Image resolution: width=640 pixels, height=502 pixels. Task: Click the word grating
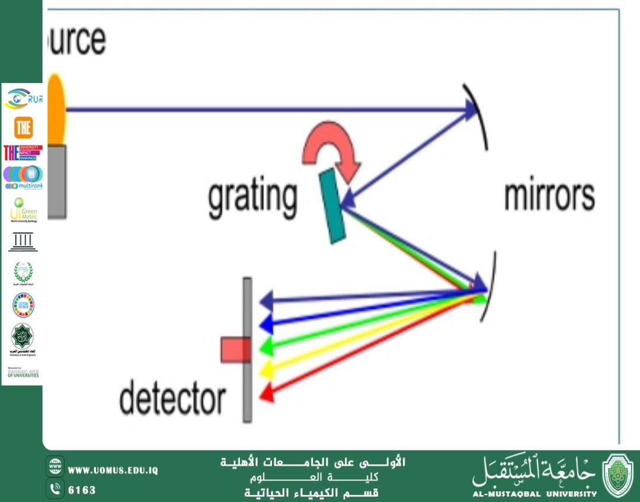(252, 199)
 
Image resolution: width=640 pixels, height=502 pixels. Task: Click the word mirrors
(549, 196)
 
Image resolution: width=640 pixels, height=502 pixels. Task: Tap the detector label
(172, 398)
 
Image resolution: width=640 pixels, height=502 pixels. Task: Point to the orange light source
(56, 110)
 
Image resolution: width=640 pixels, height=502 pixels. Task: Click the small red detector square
(235, 350)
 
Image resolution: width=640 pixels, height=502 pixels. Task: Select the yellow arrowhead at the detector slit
(266, 369)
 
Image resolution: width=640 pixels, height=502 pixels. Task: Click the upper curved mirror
(477, 116)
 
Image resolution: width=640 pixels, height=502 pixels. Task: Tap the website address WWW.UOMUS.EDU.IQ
(113, 471)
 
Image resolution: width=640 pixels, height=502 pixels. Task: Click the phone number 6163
(82, 490)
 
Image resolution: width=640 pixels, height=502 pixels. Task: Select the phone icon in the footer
(55, 489)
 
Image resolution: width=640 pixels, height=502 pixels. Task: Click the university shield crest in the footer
(618, 476)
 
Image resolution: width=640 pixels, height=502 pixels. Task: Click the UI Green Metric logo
(23, 210)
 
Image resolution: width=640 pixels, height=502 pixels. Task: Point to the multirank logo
(23, 177)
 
